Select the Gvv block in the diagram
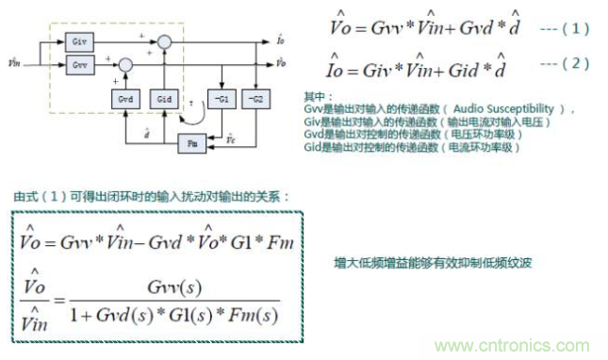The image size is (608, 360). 79,65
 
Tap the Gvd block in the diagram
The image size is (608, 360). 124,98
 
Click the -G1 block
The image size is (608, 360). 221,98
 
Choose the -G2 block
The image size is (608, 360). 252,98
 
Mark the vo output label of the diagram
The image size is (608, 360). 283,62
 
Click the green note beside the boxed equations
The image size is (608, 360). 434,263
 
